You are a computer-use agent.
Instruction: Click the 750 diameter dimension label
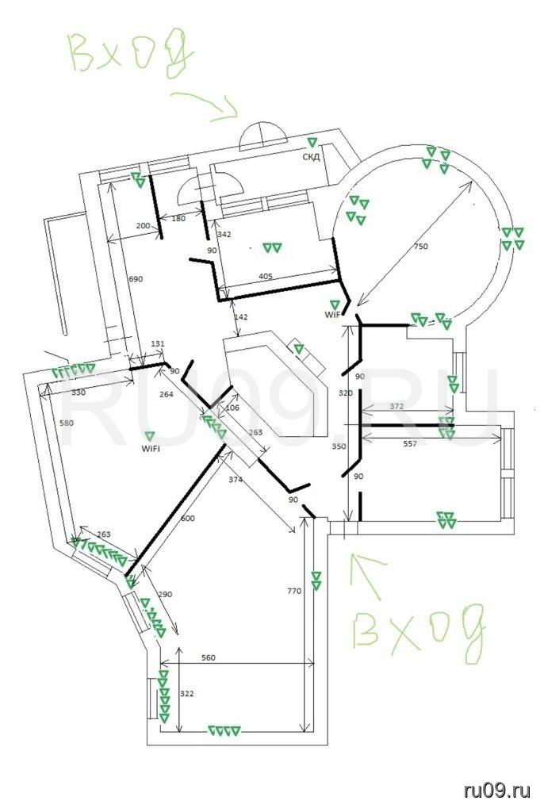pos(421,247)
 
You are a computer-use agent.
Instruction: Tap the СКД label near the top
pos(311,156)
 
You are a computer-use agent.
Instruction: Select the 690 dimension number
pos(136,279)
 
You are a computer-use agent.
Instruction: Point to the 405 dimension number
pos(266,277)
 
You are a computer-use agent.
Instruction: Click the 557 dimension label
pos(410,444)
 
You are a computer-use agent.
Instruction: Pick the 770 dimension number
pos(294,591)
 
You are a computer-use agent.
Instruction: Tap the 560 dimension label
pos(208,657)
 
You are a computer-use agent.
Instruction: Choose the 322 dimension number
pos(186,693)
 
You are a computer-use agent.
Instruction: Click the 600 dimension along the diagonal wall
pos(188,519)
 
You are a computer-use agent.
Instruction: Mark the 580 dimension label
pos(67,423)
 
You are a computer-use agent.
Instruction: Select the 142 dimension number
pos(241,317)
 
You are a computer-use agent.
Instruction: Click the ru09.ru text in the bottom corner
pos(497,791)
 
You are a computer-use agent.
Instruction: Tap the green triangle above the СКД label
pos(312,142)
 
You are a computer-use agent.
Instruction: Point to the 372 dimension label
pos(397,407)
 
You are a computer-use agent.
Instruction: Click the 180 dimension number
pos(178,219)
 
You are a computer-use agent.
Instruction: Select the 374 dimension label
pos(236,480)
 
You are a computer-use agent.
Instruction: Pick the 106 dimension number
pos(233,408)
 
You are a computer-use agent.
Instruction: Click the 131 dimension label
pos(158,344)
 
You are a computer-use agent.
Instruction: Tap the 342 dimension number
pos(224,235)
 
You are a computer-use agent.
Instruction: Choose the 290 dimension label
pos(165,595)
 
